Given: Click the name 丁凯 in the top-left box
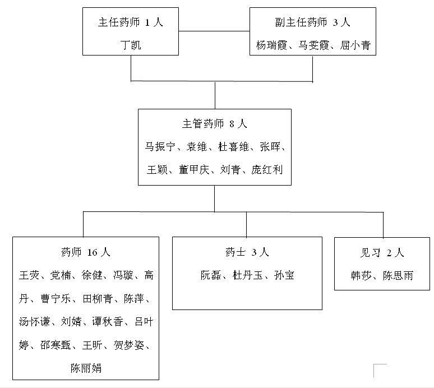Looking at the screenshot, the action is click(x=131, y=45).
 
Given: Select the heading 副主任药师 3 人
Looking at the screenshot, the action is click(x=313, y=22).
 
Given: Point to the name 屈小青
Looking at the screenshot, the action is click(x=355, y=45).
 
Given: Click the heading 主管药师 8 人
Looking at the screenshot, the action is click(x=215, y=123).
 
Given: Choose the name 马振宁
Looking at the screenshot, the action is click(x=160, y=146).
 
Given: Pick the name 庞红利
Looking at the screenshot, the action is click(x=267, y=169).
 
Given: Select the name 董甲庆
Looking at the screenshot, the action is click(x=194, y=169).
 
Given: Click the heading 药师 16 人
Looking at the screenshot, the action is click(x=86, y=252).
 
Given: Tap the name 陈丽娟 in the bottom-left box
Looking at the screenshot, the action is click(x=86, y=368).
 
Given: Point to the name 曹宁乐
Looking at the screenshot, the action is click(x=56, y=299).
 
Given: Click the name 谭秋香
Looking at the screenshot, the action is click(x=108, y=322).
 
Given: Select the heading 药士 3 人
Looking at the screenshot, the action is click(x=247, y=252).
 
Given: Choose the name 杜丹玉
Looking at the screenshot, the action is click(x=248, y=275).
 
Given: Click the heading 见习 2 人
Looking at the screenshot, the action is click(x=382, y=252).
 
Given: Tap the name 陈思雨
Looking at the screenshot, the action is click(x=398, y=276).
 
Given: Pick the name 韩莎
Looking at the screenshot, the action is click(x=361, y=276).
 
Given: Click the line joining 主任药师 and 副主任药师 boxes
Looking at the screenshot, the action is click(x=214, y=31).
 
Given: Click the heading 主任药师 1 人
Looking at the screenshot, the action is click(x=131, y=22).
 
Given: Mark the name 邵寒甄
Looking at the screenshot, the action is click(x=56, y=345).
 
